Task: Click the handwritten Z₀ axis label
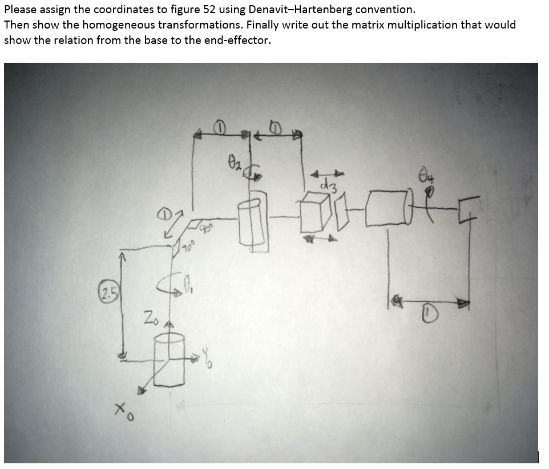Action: click(x=150, y=316)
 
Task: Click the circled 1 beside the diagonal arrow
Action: click(x=164, y=215)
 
